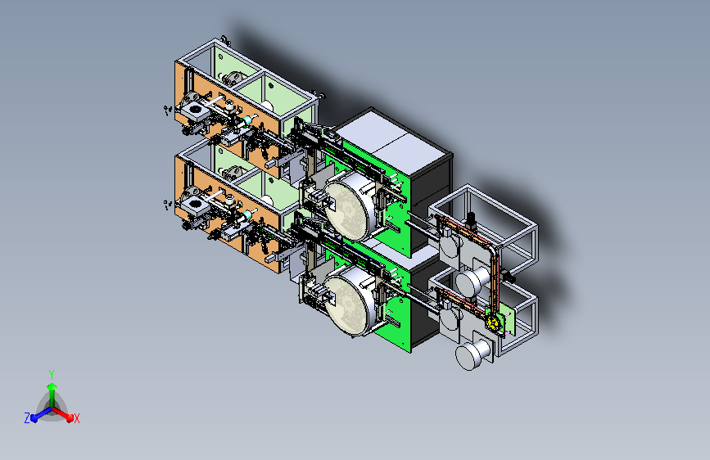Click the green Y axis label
pyautogui.click(x=52, y=374)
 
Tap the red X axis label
pyautogui.click(x=76, y=419)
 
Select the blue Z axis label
pyautogui.click(x=27, y=418)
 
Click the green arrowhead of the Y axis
pyautogui.click(x=52, y=386)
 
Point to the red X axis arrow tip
pyautogui.click(x=70, y=417)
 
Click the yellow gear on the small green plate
pyautogui.click(x=494, y=322)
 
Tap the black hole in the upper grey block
pyautogui.click(x=196, y=109)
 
